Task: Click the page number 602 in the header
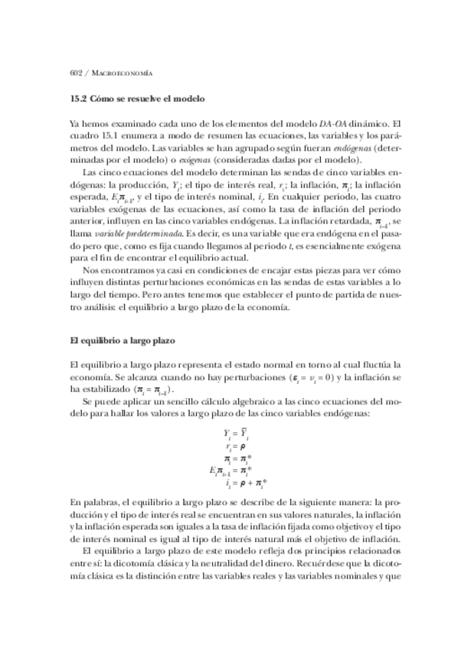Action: (75, 73)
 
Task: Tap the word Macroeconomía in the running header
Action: (122, 73)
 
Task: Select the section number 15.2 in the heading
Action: (78, 99)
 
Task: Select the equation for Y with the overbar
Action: (232, 433)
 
